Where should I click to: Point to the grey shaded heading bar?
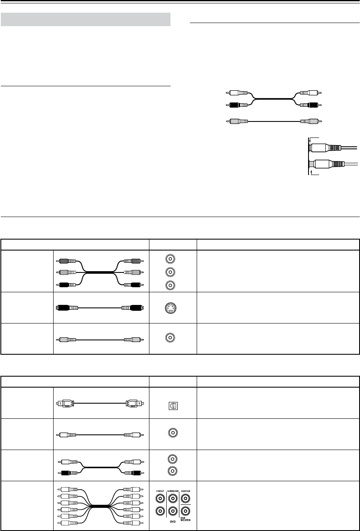(86, 19)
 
